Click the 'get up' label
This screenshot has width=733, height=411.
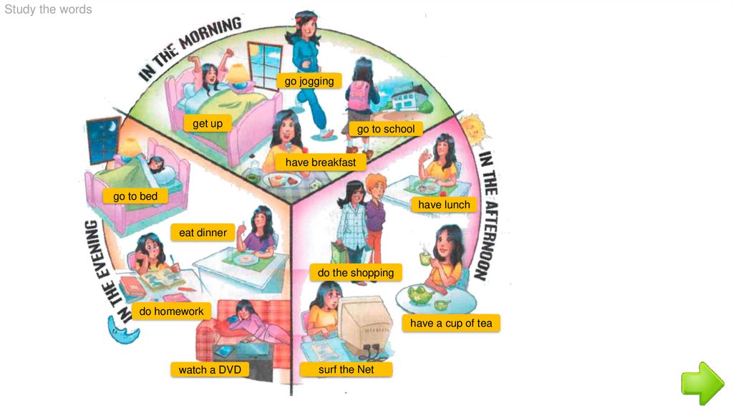[208, 123]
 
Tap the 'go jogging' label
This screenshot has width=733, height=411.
[309, 81]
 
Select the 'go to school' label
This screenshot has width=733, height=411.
[386, 129]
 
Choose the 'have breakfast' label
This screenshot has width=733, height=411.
[320, 163]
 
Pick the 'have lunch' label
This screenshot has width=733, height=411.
[444, 205]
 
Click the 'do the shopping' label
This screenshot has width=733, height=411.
[356, 273]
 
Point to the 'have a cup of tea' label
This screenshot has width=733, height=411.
[451, 323]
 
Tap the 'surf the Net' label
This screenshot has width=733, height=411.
[346, 369]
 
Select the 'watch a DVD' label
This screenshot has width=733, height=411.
[209, 369]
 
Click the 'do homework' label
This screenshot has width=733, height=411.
[171, 311]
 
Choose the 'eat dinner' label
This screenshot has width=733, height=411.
[203, 232]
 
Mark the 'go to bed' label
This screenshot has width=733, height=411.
[135, 195]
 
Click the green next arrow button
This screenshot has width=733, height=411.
[702, 382]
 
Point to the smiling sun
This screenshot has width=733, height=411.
[472, 129]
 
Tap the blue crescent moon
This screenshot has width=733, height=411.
[117, 329]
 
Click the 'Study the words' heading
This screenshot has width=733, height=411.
[48, 9]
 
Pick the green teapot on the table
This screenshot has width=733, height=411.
[416, 294]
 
